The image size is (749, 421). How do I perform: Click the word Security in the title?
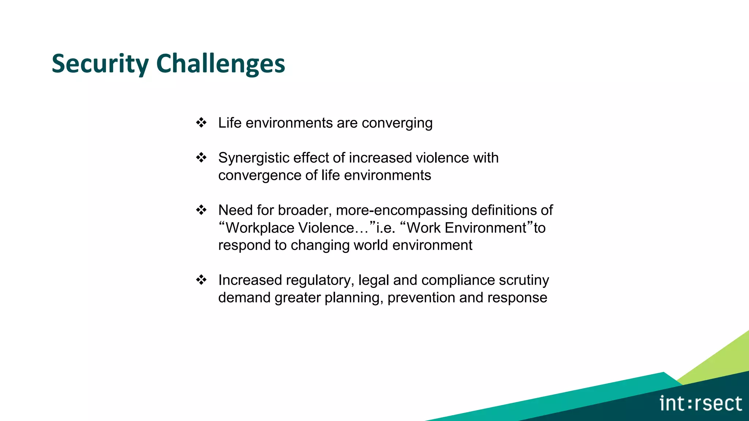pos(100,64)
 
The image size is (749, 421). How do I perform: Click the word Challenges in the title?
pos(221,64)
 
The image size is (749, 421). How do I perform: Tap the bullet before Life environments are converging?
pos(201,122)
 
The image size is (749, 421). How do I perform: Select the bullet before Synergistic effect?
pos(201,158)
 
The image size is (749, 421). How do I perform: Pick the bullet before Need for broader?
pos(201,210)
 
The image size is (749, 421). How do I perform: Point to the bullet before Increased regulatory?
pos(201,280)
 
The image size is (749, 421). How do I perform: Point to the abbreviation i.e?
pos(385,228)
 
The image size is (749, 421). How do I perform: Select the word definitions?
pos(504,210)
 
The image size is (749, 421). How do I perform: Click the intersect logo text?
pos(700,403)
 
